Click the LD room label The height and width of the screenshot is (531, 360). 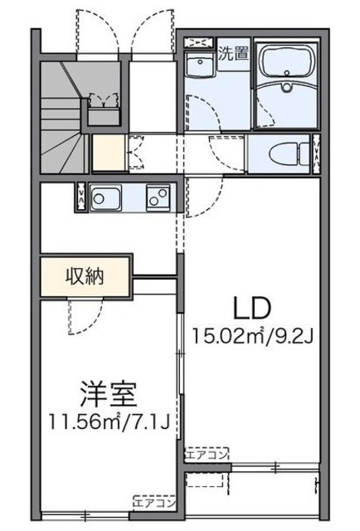tap(251, 309)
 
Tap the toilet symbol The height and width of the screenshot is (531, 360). tap(287, 153)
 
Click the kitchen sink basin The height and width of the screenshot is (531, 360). tap(105, 198)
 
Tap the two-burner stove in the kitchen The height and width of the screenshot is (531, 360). tap(158, 197)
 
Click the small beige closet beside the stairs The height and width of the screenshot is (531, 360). tap(105, 153)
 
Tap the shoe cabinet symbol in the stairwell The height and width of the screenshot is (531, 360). tap(104, 102)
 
